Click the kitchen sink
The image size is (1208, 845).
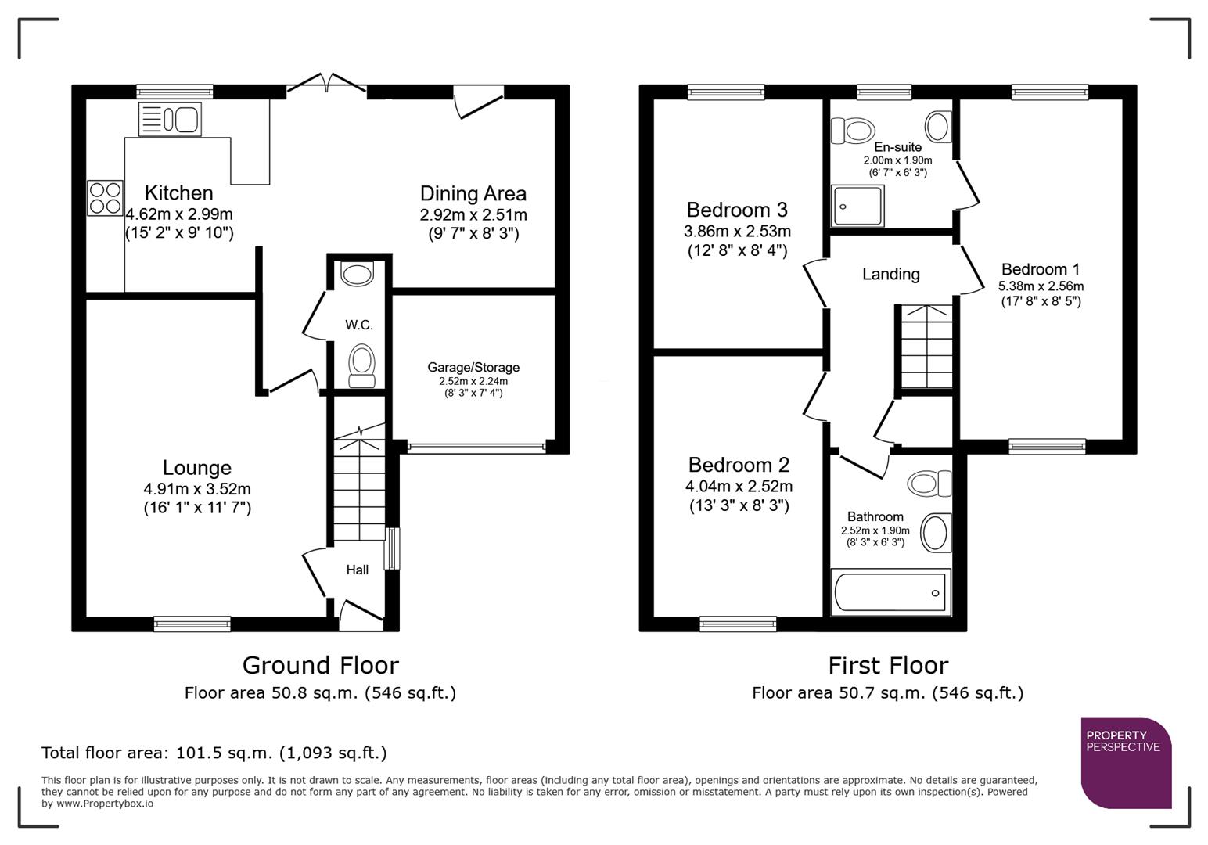click(170, 120)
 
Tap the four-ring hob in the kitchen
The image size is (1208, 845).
click(105, 198)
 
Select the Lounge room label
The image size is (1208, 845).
click(197, 468)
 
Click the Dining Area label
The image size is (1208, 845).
click(473, 194)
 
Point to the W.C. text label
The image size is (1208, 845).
click(359, 325)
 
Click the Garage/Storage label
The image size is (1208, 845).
click(473, 367)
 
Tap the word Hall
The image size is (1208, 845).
click(358, 570)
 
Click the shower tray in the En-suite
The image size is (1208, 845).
click(858, 206)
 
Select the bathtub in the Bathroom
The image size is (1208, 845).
click(890, 592)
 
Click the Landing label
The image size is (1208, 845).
click(890, 274)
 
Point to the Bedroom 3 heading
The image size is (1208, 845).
click(736, 210)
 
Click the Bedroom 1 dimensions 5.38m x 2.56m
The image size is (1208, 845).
click(1041, 286)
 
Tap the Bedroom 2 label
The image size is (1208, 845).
click(739, 465)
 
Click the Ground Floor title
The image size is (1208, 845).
click(320, 665)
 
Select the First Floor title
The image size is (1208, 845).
click(888, 665)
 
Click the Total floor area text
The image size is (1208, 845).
click(214, 753)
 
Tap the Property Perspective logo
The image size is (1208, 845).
click(1125, 762)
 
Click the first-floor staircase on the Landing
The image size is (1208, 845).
click(926, 347)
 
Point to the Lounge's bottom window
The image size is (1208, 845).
click(192, 624)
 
